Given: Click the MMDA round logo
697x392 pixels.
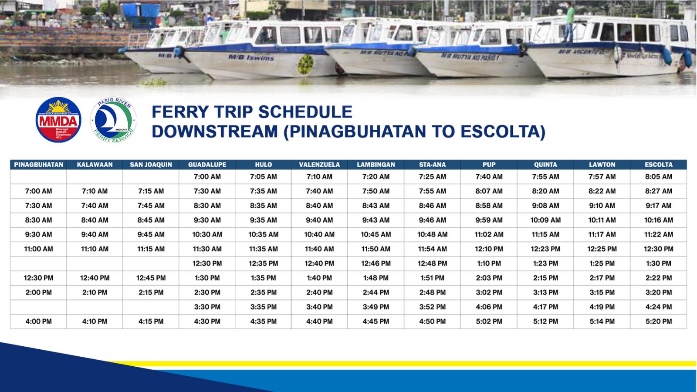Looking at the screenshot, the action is [58, 120].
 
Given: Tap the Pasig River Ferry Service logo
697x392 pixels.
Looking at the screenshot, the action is [113, 120].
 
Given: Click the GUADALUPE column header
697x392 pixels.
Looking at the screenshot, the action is [207, 165].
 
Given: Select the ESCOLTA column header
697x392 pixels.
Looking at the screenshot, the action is [658, 165].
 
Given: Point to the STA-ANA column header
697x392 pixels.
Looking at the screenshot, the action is [432, 165].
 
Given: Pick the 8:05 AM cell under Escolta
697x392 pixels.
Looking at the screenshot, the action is [658, 177].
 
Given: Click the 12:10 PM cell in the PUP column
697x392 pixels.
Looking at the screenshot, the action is [489, 249].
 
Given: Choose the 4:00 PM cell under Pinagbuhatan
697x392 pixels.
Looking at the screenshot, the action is [39, 321].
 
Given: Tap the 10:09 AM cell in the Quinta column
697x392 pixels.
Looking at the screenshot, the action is [545, 220].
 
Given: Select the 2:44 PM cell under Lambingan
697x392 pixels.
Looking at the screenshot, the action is [376, 292].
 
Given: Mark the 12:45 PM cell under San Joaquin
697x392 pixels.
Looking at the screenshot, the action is [151, 278].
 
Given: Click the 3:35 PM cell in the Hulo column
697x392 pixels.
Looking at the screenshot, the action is [264, 307].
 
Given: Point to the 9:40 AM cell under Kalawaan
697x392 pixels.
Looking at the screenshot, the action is [95, 235].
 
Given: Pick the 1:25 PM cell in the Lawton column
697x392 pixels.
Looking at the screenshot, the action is [602, 264].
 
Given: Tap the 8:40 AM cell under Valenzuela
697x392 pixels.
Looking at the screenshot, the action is [319, 206].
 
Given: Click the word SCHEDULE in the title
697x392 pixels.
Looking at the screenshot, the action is [305, 112].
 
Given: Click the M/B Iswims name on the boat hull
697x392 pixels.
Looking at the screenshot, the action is [251, 57].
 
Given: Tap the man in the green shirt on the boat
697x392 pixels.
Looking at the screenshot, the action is [569, 22].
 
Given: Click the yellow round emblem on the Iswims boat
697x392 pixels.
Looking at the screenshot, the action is [305, 65].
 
